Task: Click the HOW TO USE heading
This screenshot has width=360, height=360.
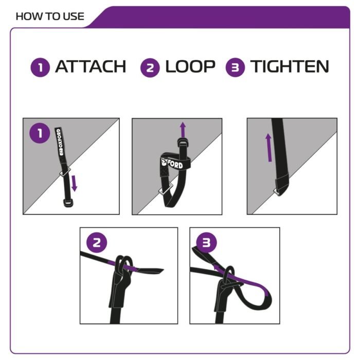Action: pos(50,16)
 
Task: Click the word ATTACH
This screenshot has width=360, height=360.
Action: pos(91,66)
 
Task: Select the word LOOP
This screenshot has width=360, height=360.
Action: pos(190,66)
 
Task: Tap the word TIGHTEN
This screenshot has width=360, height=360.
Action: pos(290,66)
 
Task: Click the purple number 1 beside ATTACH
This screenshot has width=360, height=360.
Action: pos(40,67)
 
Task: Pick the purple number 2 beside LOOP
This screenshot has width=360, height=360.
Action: pos(150,68)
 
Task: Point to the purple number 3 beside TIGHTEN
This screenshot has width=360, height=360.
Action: pos(236,67)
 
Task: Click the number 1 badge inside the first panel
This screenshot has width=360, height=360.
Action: pos(40,133)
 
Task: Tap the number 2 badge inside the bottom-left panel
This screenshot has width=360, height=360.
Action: pos(97,243)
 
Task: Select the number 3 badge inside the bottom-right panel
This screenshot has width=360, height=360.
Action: pos(206,243)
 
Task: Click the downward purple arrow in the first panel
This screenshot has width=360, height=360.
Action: pos(74,184)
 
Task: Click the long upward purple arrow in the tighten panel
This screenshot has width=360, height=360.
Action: pos(269,148)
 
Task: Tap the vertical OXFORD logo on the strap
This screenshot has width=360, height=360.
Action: pos(60,142)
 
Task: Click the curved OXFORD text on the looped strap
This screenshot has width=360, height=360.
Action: pos(172,163)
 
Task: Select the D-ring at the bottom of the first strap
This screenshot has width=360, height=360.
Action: pos(68,203)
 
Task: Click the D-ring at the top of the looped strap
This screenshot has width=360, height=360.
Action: pos(183,142)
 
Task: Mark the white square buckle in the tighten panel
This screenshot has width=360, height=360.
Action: pos(278,192)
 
